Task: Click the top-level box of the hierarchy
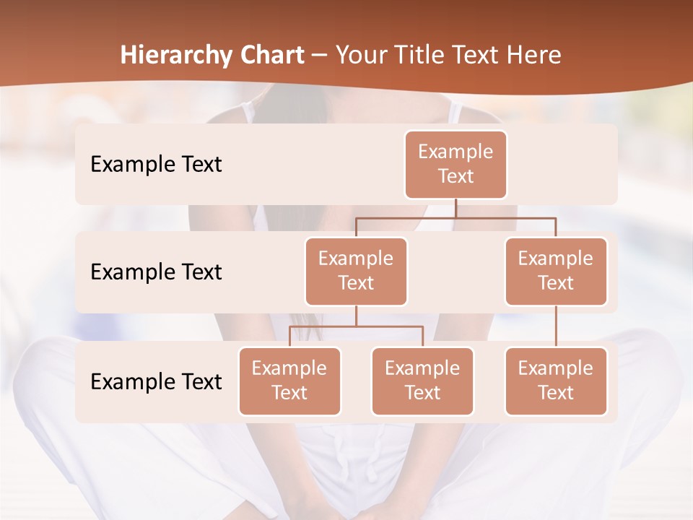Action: pyautogui.click(x=456, y=164)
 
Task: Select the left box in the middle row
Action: pyautogui.click(x=356, y=271)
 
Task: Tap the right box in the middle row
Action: pyautogui.click(x=556, y=271)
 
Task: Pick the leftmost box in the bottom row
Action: pyautogui.click(x=289, y=381)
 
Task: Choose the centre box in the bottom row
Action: pyautogui.click(x=422, y=381)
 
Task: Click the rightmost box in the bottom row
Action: pyautogui.click(x=556, y=381)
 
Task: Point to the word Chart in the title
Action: pyautogui.click(x=271, y=56)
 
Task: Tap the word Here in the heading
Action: pyautogui.click(x=534, y=56)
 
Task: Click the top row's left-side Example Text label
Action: pyautogui.click(x=156, y=164)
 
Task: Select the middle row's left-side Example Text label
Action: pyautogui.click(x=156, y=272)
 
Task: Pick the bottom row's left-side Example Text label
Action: pyautogui.click(x=156, y=381)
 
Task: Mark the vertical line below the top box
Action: pyautogui.click(x=456, y=208)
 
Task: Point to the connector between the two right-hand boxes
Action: pyautogui.click(x=556, y=326)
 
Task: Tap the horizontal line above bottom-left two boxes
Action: pyautogui.click(x=356, y=326)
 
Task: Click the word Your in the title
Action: pyautogui.click(x=362, y=56)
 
